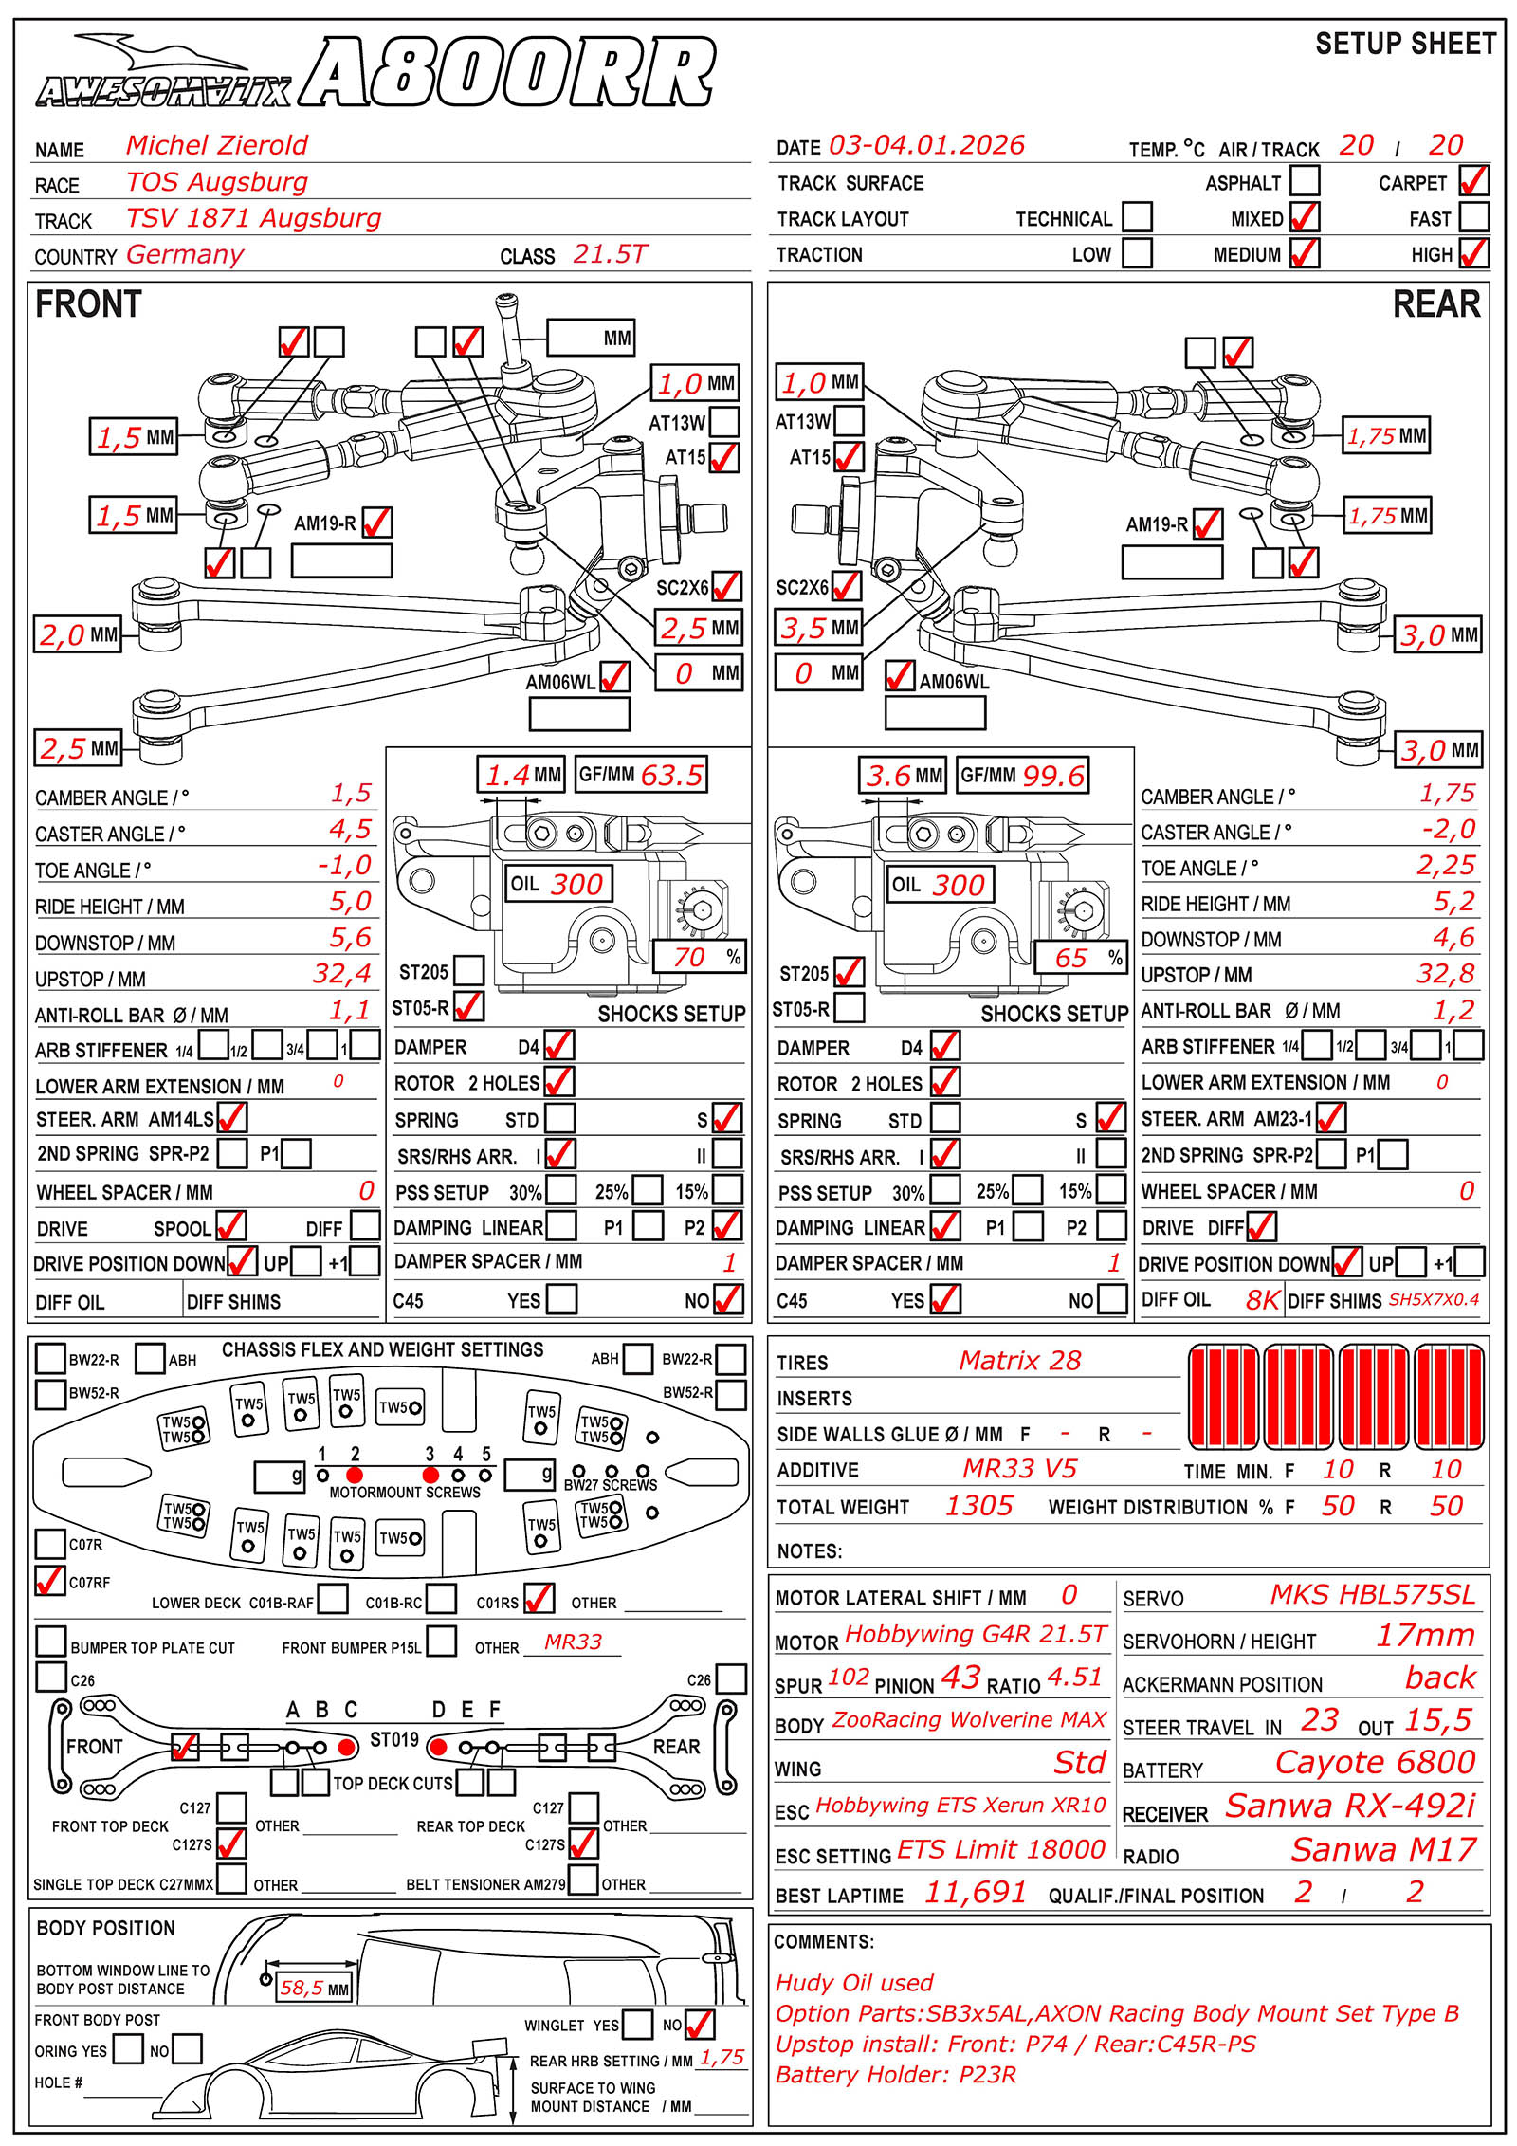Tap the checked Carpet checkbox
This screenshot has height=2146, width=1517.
1473,180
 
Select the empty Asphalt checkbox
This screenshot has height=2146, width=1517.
1305,180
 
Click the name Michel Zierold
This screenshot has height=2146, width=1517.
217,145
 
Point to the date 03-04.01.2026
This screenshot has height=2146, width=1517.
926,145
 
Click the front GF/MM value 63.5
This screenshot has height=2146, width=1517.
671,775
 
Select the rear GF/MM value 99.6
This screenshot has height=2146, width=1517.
1052,776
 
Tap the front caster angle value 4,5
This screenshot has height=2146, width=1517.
350,830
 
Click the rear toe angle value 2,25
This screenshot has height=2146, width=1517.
1446,865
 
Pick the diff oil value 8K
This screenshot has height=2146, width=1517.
1262,1300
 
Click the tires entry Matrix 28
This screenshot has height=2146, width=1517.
1019,1361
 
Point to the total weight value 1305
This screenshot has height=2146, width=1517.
979,1506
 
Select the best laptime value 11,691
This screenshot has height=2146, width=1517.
976,1893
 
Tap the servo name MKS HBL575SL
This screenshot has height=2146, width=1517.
1373,1595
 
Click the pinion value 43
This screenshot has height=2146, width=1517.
960,1678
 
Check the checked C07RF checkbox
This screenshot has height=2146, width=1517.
49,1580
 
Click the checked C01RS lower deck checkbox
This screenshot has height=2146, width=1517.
539,1598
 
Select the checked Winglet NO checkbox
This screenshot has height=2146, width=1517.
700,2024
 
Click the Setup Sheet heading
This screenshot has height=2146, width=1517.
1405,44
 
